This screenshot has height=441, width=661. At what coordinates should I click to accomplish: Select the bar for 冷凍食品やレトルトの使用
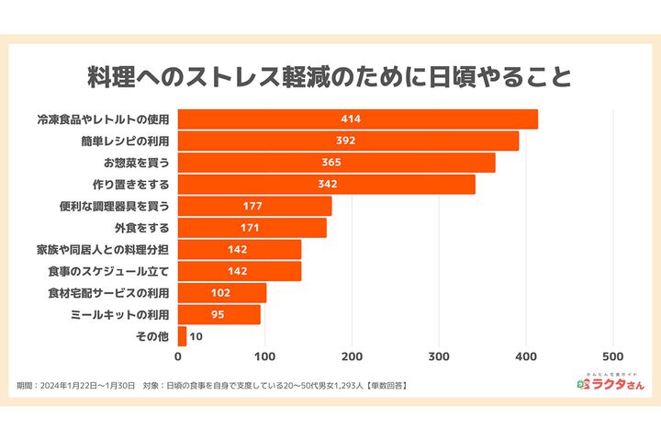pos(357,119)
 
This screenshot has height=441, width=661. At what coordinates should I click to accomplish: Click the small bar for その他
pos(182,336)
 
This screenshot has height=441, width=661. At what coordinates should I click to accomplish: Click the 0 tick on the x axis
pos(178,356)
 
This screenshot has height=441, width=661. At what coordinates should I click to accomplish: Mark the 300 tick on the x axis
pos(440,356)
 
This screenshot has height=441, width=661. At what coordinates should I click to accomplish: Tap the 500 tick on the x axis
pos(613,356)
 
